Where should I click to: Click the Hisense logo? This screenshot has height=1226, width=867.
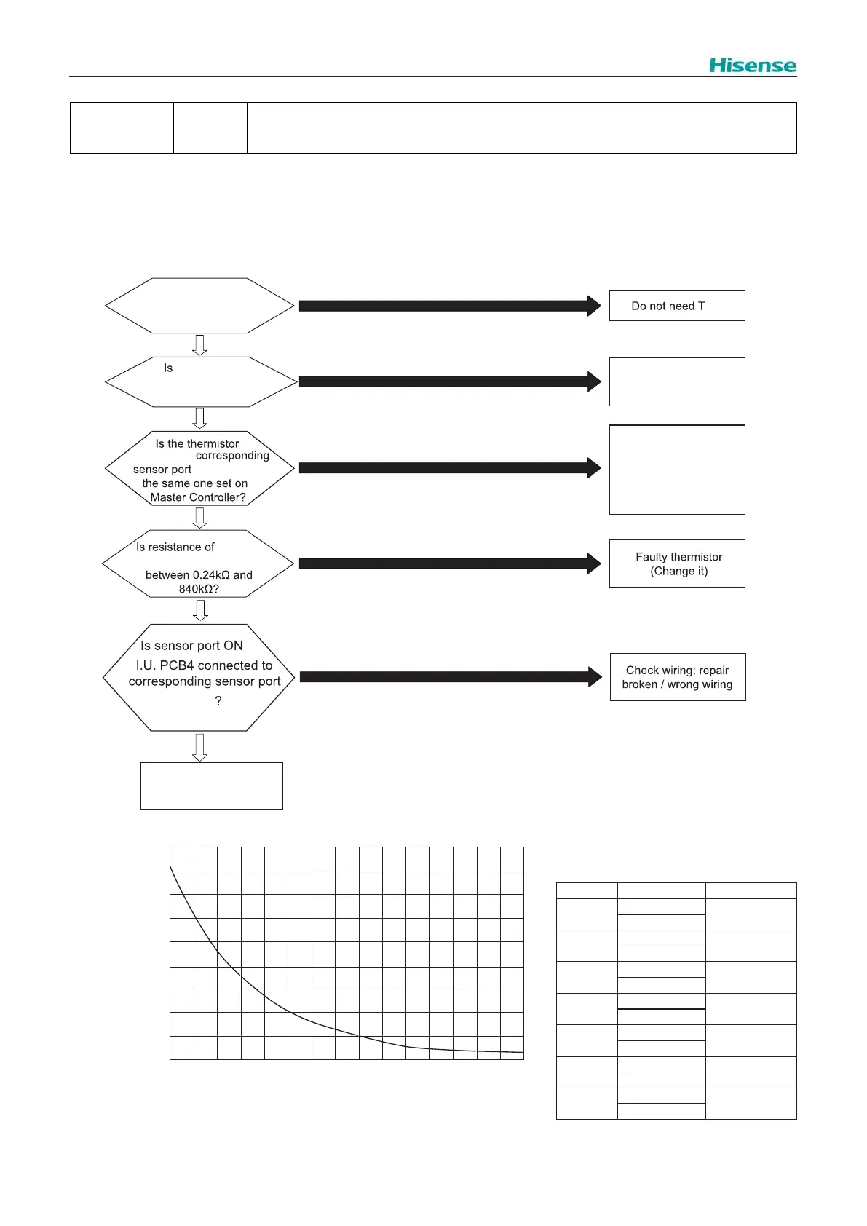(x=753, y=66)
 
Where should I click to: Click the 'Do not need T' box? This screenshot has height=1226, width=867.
(x=677, y=306)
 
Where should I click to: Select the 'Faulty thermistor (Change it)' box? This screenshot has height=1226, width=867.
(x=677, y=563)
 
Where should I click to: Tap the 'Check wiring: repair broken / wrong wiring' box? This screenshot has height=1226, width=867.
(x=678, y=677)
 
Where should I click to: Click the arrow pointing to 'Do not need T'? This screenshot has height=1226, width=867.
(x=450, y=306)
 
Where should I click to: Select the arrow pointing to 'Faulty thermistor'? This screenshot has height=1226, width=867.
(x=450, y=563)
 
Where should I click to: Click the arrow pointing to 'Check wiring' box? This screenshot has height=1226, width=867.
(x=450, y=677)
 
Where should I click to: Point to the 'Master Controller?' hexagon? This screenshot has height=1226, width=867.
(x=199, y=469)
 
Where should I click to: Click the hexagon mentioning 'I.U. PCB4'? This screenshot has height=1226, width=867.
(x=198, y=677)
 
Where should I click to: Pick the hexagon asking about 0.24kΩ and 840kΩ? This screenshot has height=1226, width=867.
(x=198, y=563)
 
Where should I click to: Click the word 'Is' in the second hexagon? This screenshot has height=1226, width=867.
(x=168, y=368)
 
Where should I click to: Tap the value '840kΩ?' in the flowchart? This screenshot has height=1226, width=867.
(x=199, y=589)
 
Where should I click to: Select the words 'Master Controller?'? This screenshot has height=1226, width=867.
(x=198, y=498)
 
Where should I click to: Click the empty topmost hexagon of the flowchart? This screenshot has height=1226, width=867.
(x=199, y=306)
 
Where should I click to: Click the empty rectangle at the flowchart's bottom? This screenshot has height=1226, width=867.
(x=211, y=786)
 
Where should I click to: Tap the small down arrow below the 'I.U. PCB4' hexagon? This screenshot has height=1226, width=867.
(x=199, y=747)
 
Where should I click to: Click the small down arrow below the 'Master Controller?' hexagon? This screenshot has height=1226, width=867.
(x=199, y=518)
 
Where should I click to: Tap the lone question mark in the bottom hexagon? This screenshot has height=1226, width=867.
(x=218, y=701)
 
